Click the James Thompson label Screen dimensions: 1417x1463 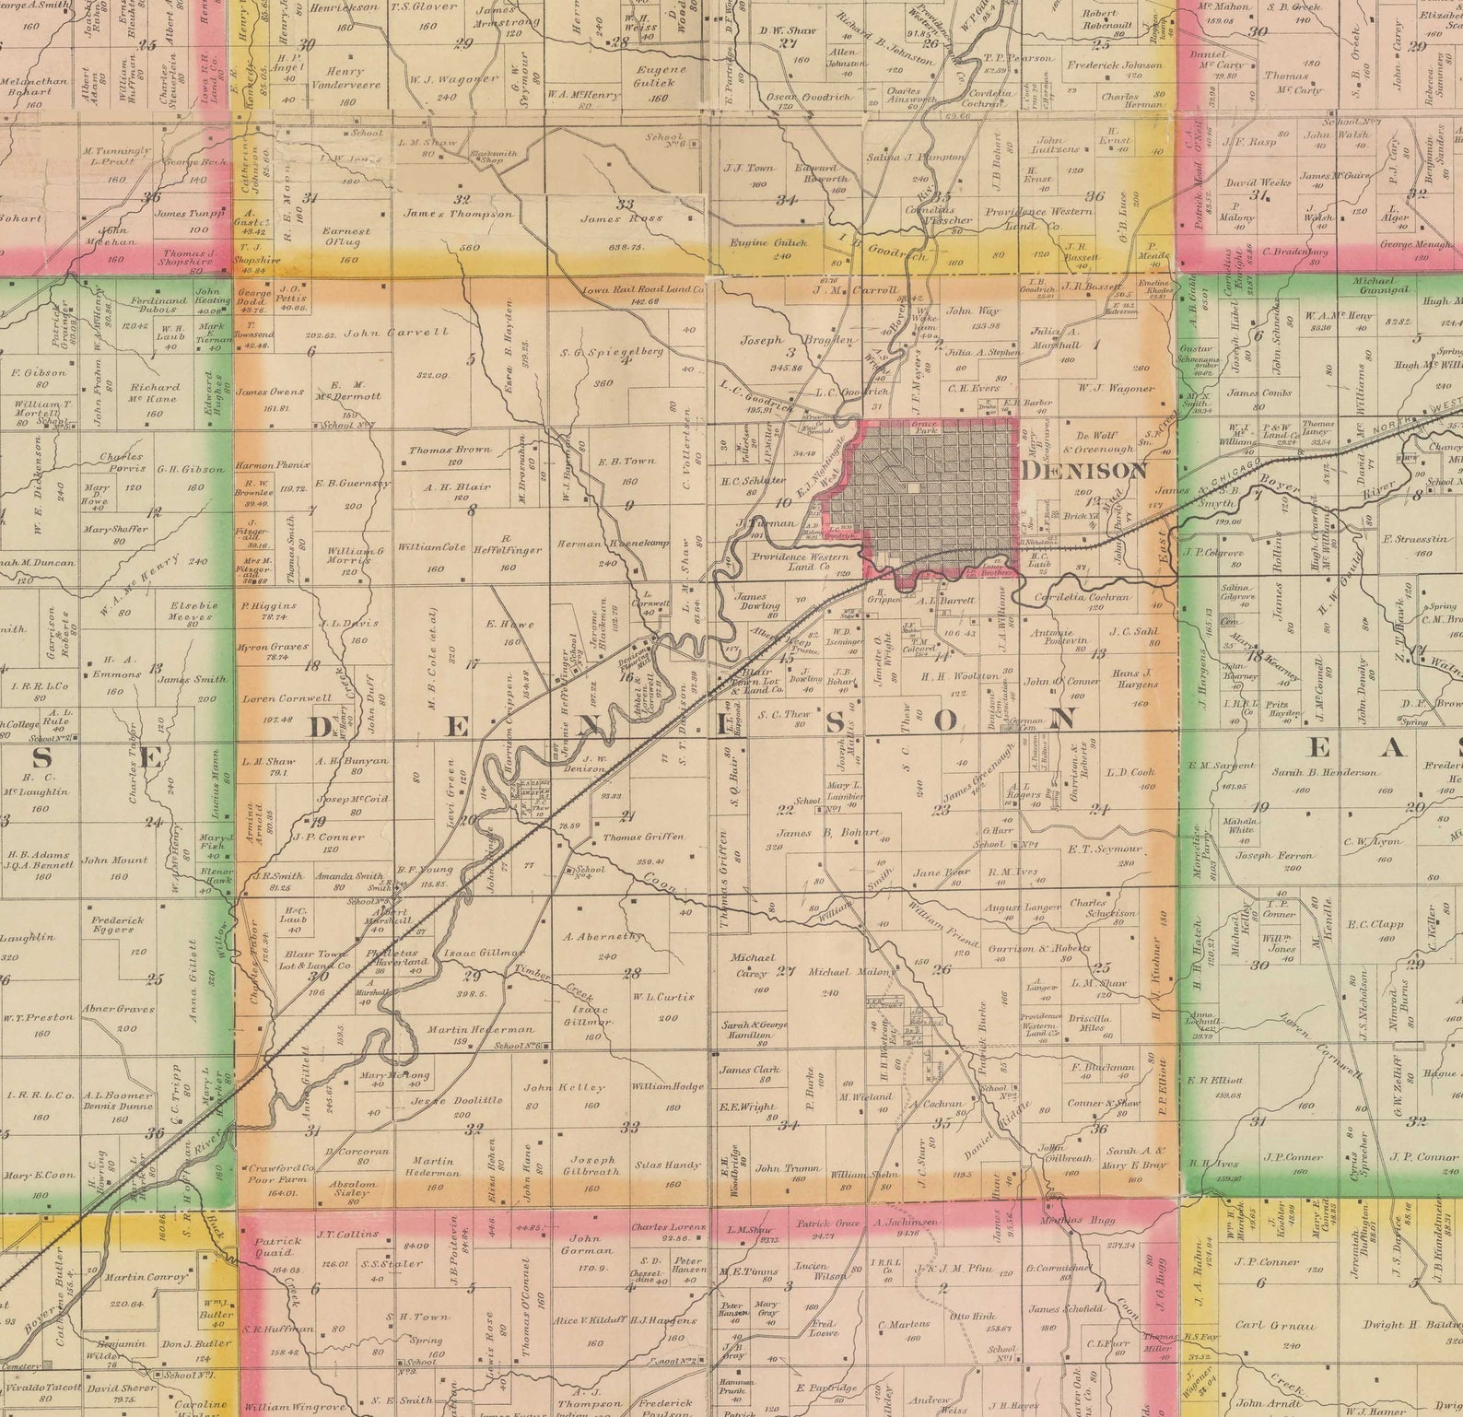click(x=458, y=214)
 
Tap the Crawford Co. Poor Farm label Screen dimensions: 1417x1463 click(x=282, y=1174)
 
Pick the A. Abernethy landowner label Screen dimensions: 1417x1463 click(x=603, y=936)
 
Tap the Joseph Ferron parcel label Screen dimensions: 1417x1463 click(x=1274, y=856)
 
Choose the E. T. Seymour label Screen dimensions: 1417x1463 click(x=1105, y=849)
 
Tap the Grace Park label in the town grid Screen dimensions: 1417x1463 click(x=924, y=427)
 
